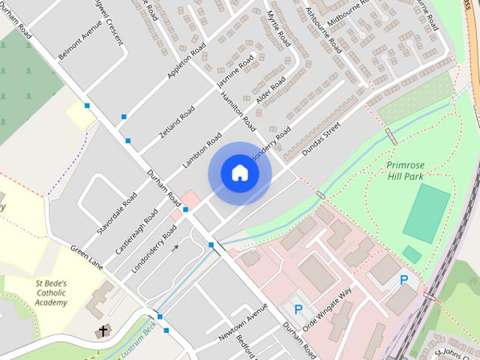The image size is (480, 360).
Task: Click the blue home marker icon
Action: [x=239, y=173]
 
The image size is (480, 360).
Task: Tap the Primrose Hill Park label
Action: [x=406, y=170]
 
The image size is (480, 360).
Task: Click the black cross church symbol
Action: [x=101, y=331]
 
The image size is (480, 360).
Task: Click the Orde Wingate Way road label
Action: [x=329, y=304]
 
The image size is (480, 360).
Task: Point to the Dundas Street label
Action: [x=321, y=139]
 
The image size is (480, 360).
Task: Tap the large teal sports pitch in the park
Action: [x=427, y=211]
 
